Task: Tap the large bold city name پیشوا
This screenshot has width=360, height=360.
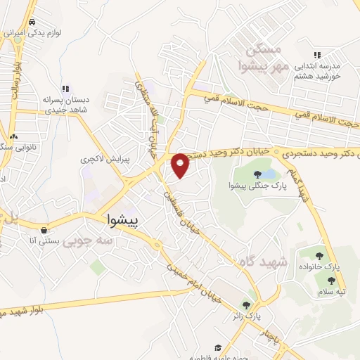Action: click(x=124, y=220)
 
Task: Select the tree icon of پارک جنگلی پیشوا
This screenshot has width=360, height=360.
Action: click(x=257, y=174)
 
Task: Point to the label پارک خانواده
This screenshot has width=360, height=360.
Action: click(x=328, y=268)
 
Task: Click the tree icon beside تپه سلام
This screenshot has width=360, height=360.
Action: click(x=331, y=281)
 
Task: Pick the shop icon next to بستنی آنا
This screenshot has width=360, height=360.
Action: click(x=44, y=230)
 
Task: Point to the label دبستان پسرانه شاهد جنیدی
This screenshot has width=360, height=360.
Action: click(x=46, y=104)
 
